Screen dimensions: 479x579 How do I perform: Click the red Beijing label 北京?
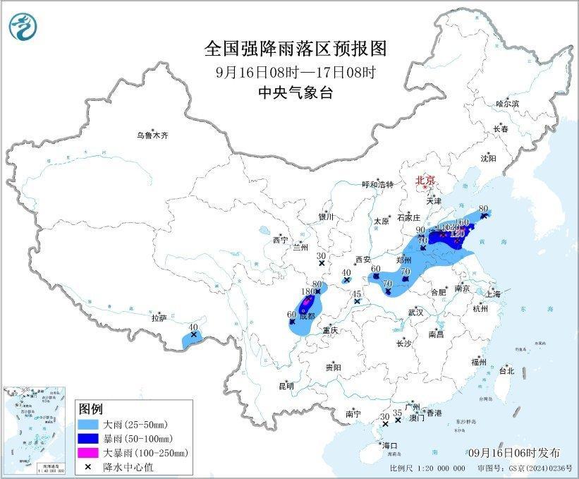pyautogui.click(x=425, y=180)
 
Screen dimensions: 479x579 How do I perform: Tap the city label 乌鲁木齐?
pyautogui.click(x=153, y=135)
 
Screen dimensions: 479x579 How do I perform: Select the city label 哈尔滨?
pyautogui.click(x=506, y=104)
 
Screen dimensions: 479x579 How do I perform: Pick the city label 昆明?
pyautogui.click(x=285, y=385)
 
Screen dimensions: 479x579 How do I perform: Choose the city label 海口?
pyautogui.click(x=389, y=446)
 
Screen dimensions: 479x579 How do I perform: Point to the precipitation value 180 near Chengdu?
pyautogui.click(x=307, y=291)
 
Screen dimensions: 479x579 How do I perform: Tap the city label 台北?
pyautogui.click(x=506, y=370)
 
